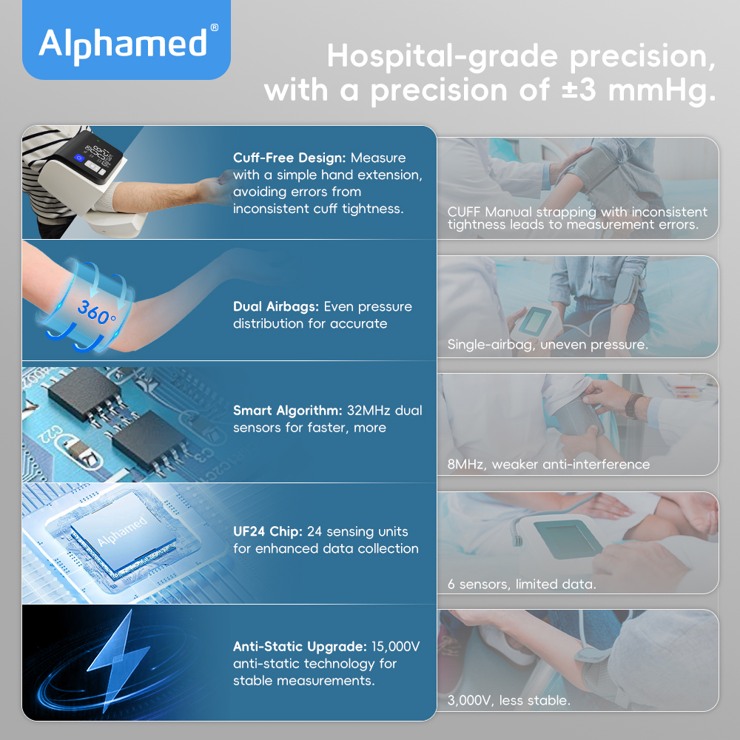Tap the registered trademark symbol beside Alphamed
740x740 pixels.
[215, 27]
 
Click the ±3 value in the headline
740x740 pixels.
[579, 90]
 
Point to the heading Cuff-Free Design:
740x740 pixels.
[289, 158]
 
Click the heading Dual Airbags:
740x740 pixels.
[276, 307]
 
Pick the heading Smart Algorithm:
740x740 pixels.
[287, 411]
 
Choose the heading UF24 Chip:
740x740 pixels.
[268, 532]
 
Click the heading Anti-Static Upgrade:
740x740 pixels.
[300, 647]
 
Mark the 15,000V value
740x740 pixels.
[395, 647]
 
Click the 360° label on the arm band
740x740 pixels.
[96, 312]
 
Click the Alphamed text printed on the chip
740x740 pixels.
[122, 531]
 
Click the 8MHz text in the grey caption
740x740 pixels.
[467, 465]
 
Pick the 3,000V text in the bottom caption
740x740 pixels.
[469, 701]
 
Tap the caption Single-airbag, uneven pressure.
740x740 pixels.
[548, 345]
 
